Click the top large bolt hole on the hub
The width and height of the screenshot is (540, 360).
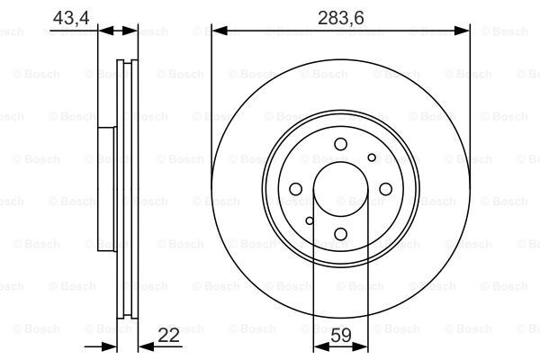click(340, 144)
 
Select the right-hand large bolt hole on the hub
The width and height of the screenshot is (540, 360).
click(385, 189)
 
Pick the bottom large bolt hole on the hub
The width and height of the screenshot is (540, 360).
click(340, 234)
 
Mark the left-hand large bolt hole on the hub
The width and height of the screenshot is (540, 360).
click(295, 189)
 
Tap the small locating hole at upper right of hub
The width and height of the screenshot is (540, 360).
click(372, 157)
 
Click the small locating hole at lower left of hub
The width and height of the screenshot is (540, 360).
click(309, 220)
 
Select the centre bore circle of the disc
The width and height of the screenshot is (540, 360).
click(340, 189)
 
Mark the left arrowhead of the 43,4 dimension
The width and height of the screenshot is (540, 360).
click(103, 31)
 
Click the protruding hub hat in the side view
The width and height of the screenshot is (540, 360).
click(107, 189)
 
